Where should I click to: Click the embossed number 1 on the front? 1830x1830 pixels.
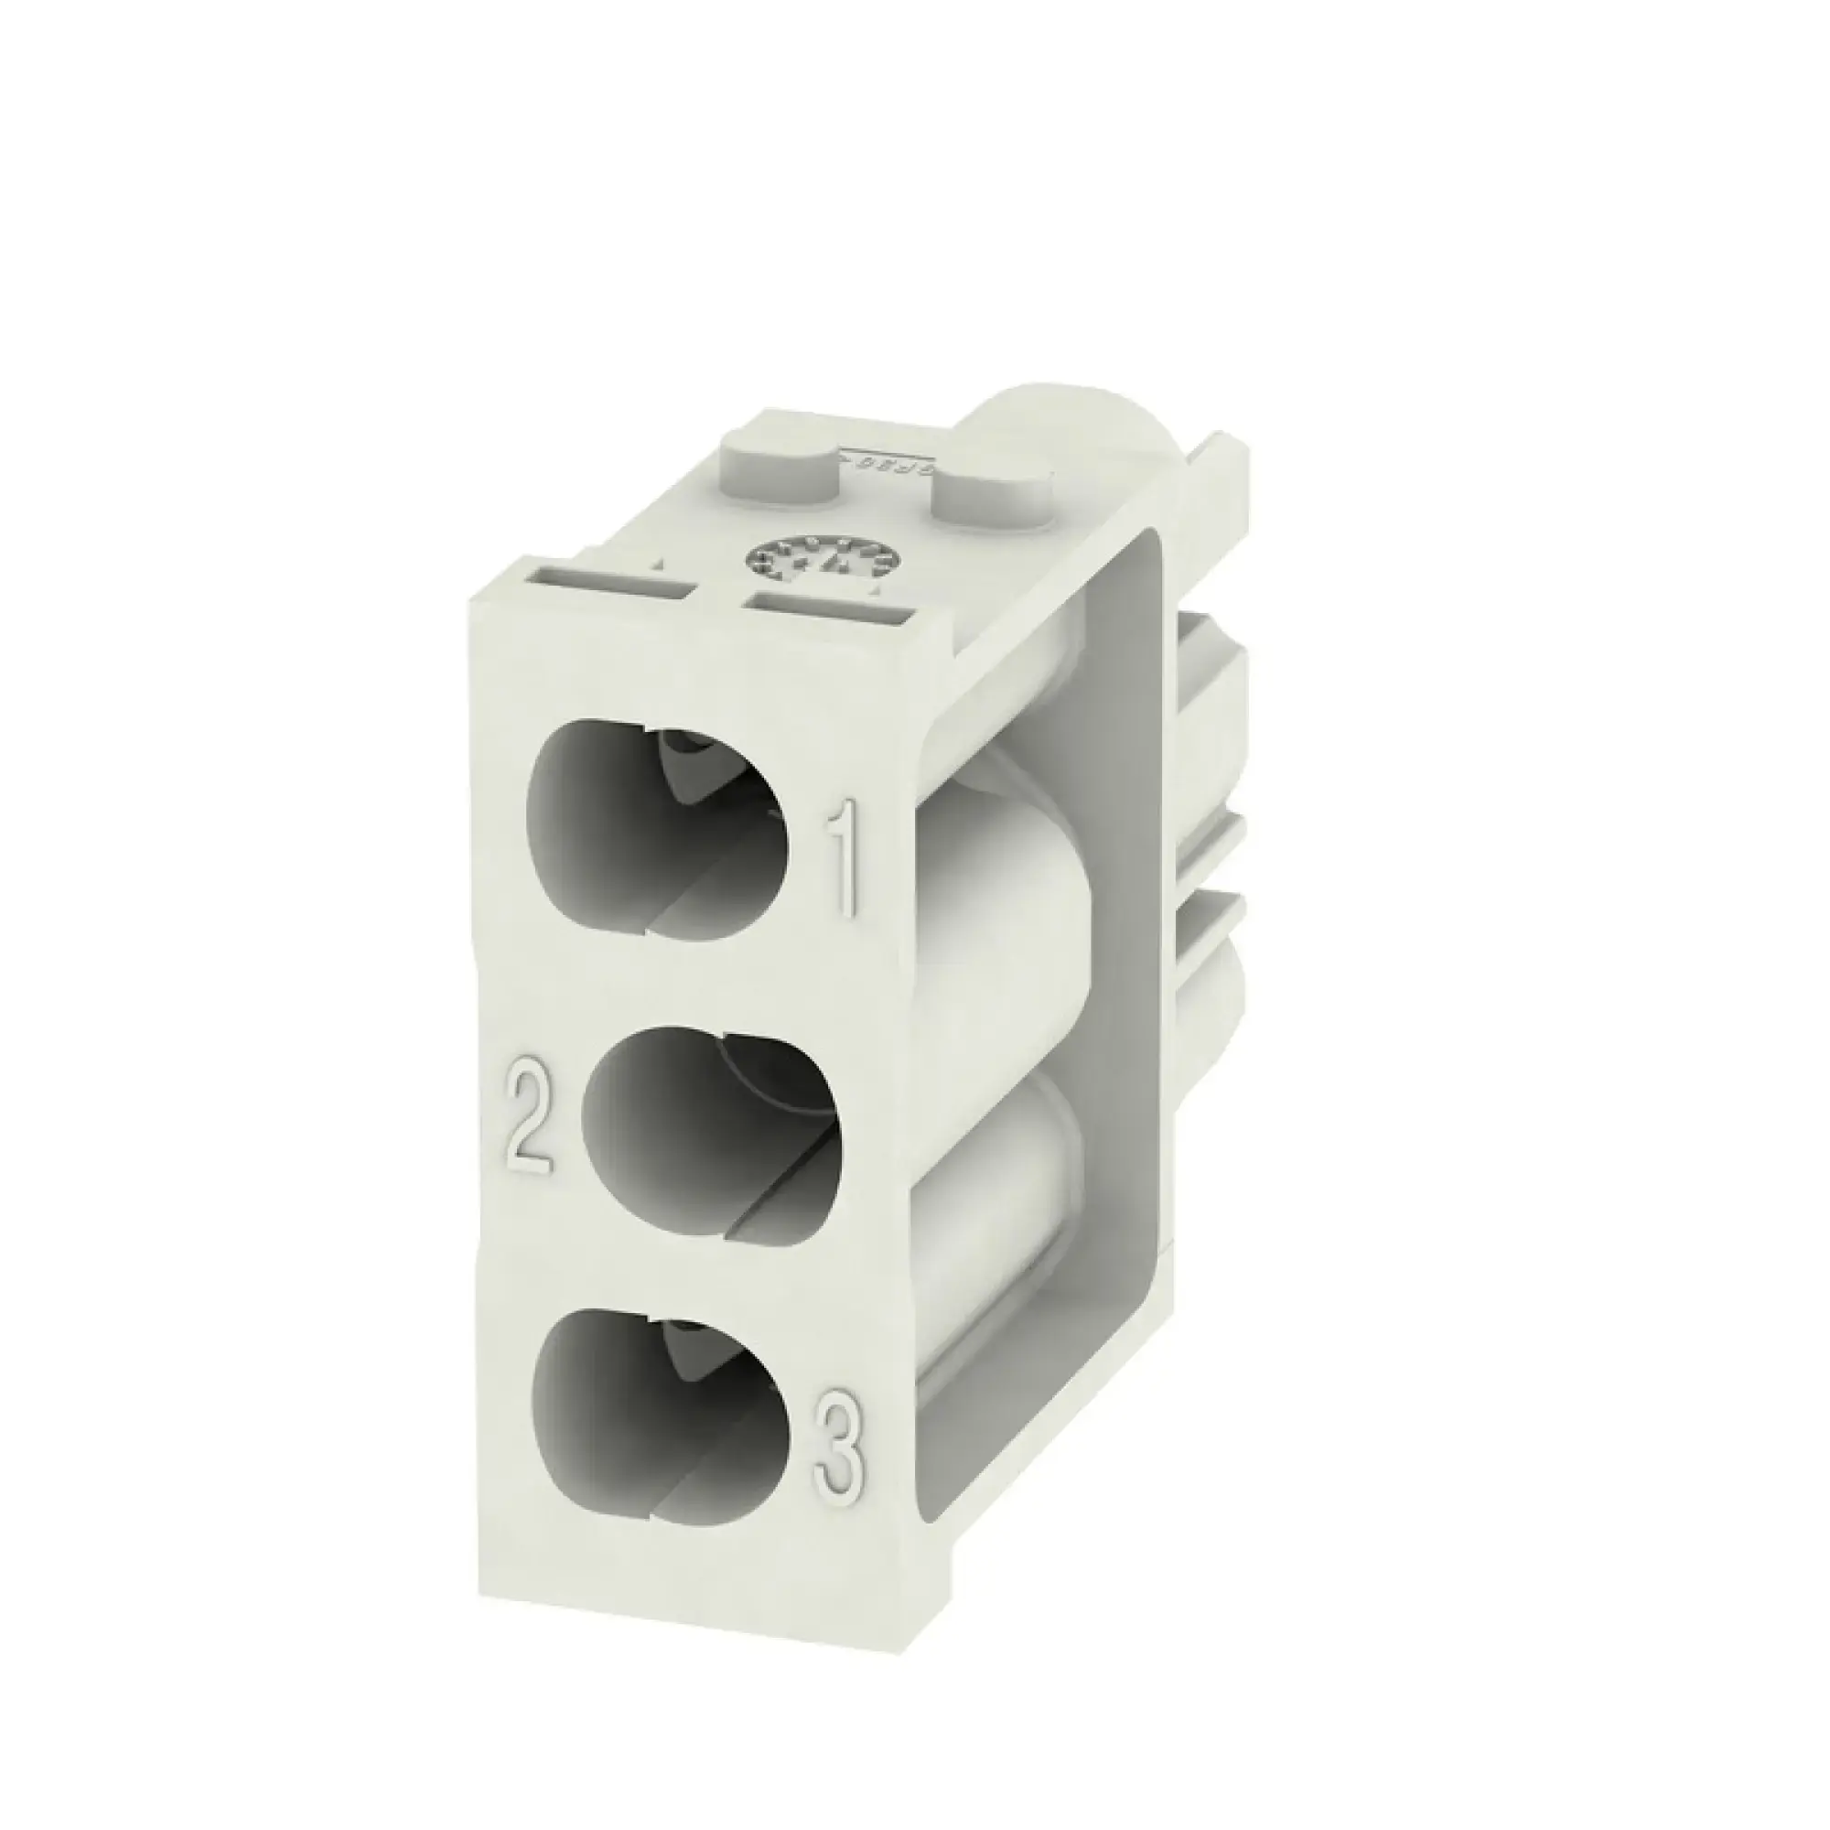pyautogui.click(x=844, y=858)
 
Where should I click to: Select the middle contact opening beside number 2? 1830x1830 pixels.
pyautogui.click(x=710, y=1132)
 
